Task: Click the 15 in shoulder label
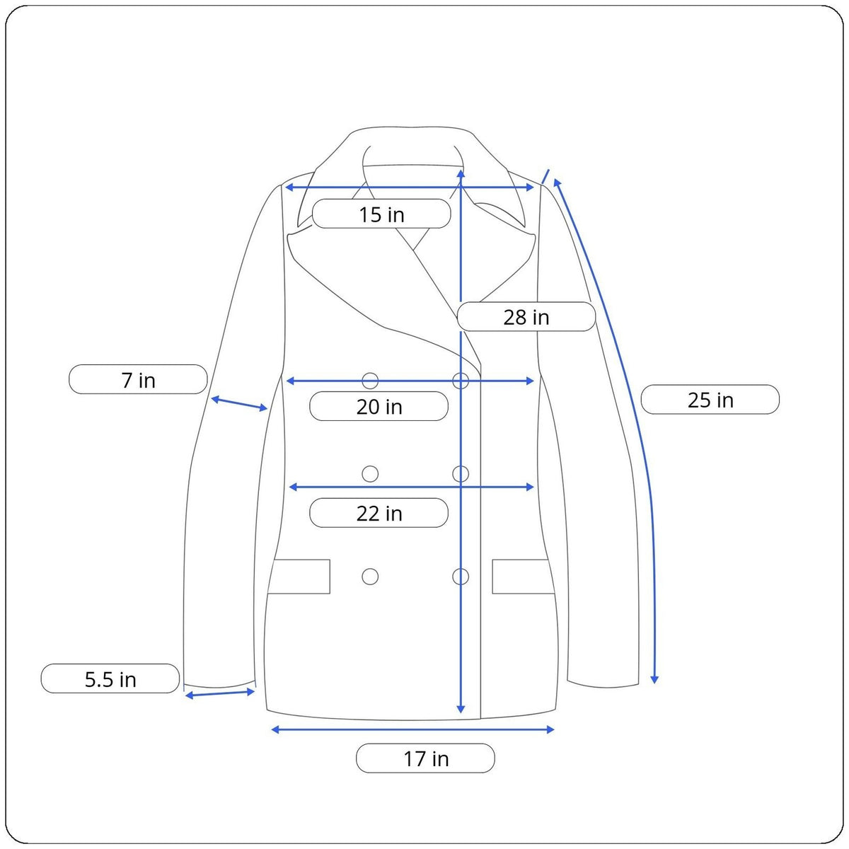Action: click(x=381, y=214)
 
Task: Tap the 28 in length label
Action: click(x=526, y=317)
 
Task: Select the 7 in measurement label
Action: click(x=138, y=380)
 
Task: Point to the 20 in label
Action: click(x=379, y=407)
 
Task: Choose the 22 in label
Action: click(x=379, y=513)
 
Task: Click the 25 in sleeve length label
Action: click(x=710, y=400)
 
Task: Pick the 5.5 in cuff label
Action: click(x=110, y=679)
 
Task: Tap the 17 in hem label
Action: click(x=426, y=758)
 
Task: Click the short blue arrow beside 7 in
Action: click(x=239, y=403)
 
